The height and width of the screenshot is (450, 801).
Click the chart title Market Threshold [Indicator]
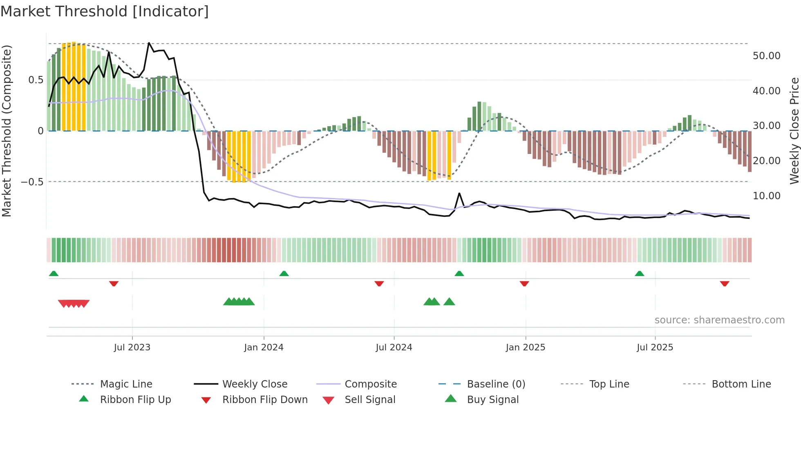(x=105, y=11)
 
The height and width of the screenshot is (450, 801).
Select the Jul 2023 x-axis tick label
(x=132, y=348)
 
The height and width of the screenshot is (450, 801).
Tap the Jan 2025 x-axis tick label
(x=525, y=348)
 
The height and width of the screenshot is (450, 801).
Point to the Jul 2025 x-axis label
(x=655, y=348)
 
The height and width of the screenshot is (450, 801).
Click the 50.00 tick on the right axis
(x=766, y=56)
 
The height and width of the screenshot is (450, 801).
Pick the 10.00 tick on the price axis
(x=766, y=196)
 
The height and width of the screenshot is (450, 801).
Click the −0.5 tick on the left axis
(x=32, y=182)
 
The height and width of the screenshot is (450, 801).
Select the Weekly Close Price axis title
(x=794, y=131)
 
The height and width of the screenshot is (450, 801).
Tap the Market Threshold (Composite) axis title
(x=7, y=131)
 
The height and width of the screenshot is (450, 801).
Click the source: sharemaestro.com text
(x=719, y=320)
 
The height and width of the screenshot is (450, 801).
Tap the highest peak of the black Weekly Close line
(x=149, y=43)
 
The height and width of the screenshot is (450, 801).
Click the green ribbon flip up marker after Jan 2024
(x=284, y=274)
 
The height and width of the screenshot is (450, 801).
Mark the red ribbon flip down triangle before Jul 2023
(x=114, y=283)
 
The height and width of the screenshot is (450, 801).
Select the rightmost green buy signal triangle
(x=449, y=302)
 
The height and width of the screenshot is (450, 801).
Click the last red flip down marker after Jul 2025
(x=725, y=283)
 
